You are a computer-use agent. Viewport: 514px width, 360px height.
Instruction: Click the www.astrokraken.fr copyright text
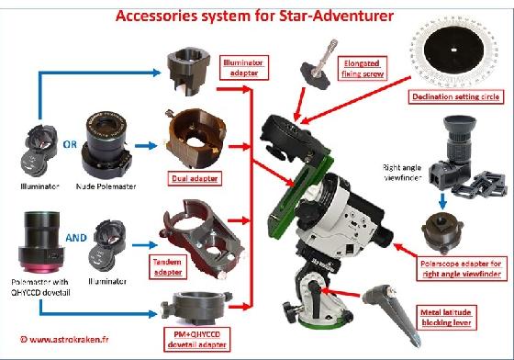[x=53, y=340]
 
